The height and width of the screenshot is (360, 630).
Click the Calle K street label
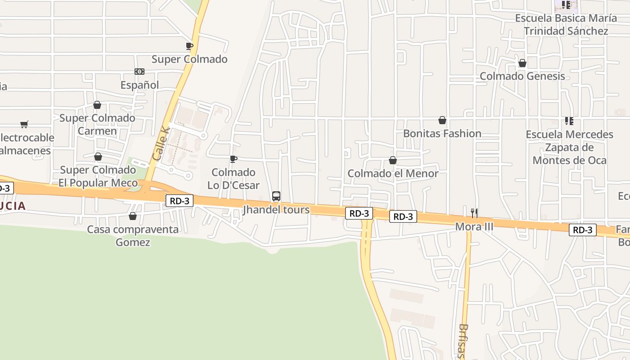point(161,144)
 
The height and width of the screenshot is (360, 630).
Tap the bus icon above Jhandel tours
point(276,196)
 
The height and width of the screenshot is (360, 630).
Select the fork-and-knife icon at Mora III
point(474,213)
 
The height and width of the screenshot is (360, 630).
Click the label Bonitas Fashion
point(442,134)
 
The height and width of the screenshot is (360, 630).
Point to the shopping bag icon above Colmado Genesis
point(522,63)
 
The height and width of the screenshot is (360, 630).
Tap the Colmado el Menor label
point(393,174)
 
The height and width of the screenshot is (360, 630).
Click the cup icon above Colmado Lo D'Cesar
point(234,159)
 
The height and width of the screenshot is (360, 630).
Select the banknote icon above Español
point(139,72)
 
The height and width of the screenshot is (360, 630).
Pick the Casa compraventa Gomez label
point(133,236)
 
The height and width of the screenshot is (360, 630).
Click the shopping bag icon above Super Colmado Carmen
point(97,105)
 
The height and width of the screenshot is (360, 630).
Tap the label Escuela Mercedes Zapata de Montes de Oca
point(569,147)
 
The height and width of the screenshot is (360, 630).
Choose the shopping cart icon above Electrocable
point(24,124)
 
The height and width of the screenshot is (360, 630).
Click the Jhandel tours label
point(276,210)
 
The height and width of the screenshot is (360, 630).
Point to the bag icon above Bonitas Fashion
point(442,120)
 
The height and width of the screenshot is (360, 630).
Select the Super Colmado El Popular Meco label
point(98,176)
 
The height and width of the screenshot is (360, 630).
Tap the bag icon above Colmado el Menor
point(393,160)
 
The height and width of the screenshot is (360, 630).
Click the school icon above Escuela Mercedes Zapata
point(569,121)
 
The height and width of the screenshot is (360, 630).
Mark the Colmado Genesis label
point(522,76)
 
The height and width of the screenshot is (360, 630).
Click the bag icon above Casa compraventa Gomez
point(133,216)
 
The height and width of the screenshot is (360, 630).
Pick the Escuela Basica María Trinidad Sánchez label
point(566,25)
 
